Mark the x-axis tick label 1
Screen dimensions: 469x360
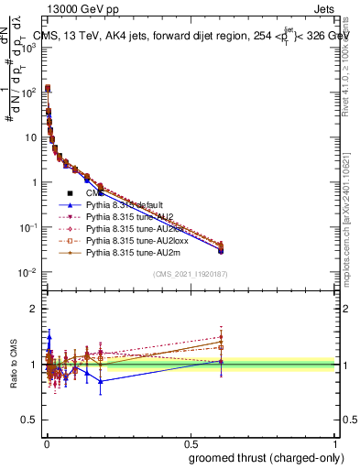335,442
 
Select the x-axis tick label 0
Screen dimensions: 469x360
46,442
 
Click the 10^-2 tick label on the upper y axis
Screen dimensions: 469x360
27,273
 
